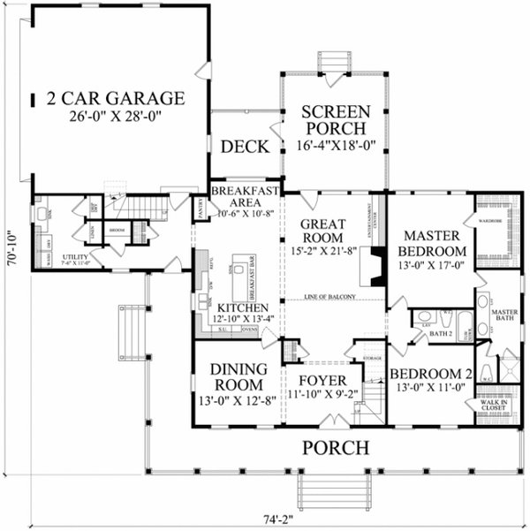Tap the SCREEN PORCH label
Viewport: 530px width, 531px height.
point(334,120)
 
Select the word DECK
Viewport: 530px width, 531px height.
point(244,147)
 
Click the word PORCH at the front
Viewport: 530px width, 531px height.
point(336,448)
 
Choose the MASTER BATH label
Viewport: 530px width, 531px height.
point(504,315)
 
